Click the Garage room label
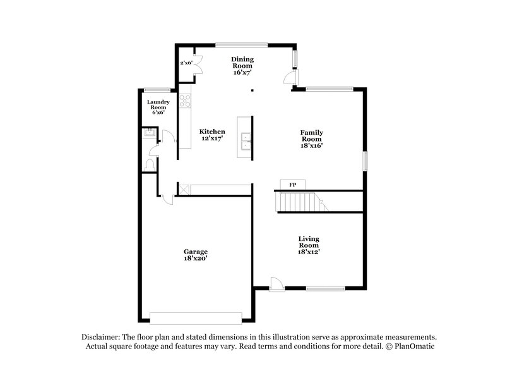click(196, 251)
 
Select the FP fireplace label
click(293, 185)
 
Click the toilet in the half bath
click(150, 164)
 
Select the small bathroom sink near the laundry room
click(149, 133)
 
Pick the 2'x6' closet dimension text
click(186, 63)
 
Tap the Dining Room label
click(242, 62)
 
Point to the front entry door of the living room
click(276, 284)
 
